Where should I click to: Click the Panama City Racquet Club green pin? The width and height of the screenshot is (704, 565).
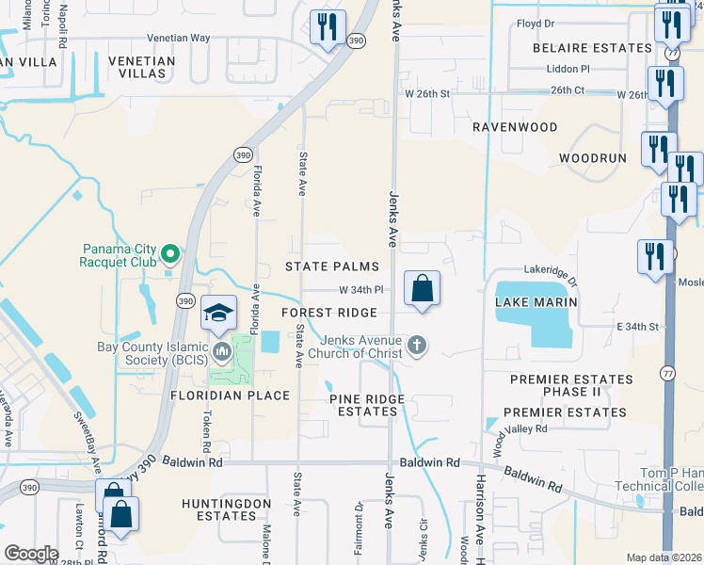170,253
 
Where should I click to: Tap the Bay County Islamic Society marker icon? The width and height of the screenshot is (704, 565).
223,352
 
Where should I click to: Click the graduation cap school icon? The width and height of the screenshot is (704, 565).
218,312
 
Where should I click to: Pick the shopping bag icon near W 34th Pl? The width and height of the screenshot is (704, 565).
423,288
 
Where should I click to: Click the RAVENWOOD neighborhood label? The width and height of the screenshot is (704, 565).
515,126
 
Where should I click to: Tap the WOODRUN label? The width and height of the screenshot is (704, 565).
592,157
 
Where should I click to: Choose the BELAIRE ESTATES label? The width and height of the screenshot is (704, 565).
592,47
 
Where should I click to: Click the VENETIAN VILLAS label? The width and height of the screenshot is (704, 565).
141,68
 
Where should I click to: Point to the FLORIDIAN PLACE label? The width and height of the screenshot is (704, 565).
230,395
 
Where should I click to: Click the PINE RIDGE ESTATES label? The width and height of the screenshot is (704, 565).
367,405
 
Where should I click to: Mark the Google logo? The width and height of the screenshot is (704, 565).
31,553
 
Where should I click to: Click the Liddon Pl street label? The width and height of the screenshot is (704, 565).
568,69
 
